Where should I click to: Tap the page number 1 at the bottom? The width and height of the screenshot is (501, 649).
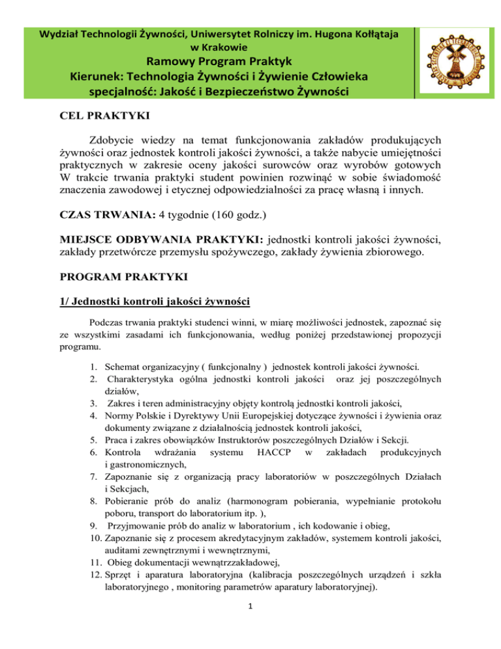(250, 624)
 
